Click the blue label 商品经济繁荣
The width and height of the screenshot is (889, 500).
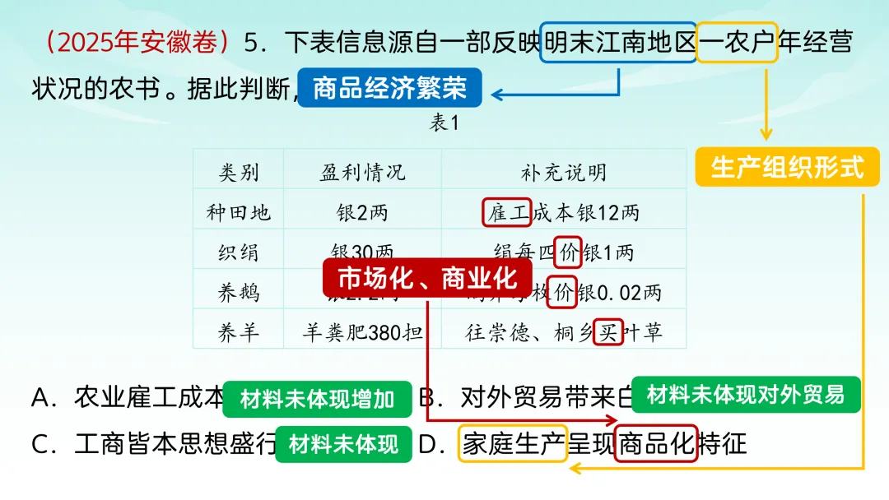pos(389,88)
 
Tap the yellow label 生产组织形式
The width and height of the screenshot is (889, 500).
pos(787,168)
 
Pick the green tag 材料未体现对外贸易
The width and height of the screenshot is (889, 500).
pos(746,396)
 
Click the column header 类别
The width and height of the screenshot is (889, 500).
pos(239,172)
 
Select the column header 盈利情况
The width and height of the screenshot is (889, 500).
pos(362,172)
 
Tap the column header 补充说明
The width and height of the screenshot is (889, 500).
pos(564,172)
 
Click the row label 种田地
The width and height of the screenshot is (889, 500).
pos(239,212)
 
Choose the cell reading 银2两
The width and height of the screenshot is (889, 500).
pos(362,212)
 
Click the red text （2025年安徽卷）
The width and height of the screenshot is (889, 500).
pos(137,43)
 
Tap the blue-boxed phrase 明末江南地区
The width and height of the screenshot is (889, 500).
pos(619,43)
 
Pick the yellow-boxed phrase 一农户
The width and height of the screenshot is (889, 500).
pos(737,43)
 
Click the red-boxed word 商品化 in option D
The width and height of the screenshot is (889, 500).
pos(656,445)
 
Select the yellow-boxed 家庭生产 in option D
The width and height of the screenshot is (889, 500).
pos(513,445)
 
